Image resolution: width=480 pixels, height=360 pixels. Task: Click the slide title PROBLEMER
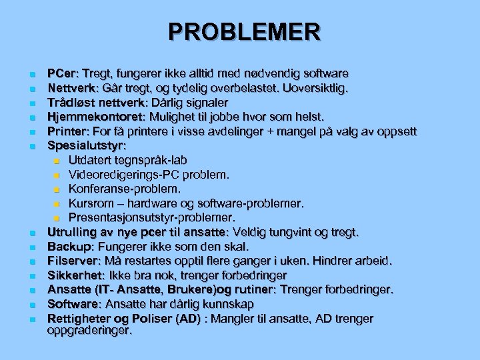(x=244, y=31)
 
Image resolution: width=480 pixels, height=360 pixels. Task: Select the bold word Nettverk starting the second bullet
(x=71, y=87)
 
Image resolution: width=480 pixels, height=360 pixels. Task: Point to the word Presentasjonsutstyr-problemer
(x=151, y=218)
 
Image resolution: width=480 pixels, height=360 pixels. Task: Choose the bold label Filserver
(x=71, y=261)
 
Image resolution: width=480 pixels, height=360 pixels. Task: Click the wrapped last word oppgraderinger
(x=90, y=329)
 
